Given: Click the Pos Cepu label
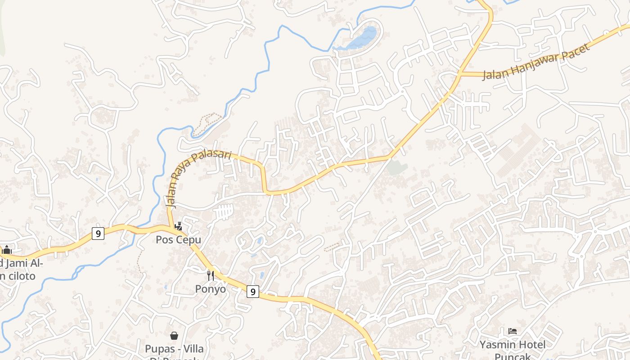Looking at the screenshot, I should (x=178, y=239).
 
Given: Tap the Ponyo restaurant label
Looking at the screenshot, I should (x=210, y=289).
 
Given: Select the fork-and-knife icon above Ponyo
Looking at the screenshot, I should (x=210, y=275).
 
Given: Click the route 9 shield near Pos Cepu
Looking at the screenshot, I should (x=98, y=233).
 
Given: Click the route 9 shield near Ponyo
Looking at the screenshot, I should (x=253, y=292).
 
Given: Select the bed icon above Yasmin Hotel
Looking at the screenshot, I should (x=512, y=332).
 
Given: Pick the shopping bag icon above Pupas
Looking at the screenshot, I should (x=174, y=335).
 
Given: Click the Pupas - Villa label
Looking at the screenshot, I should (x=174, y=349).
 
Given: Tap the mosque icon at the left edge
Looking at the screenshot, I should (x=7, y=249).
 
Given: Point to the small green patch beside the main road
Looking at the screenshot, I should (x=397, y=168).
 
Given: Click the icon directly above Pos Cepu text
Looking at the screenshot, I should (x=178, y=226).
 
